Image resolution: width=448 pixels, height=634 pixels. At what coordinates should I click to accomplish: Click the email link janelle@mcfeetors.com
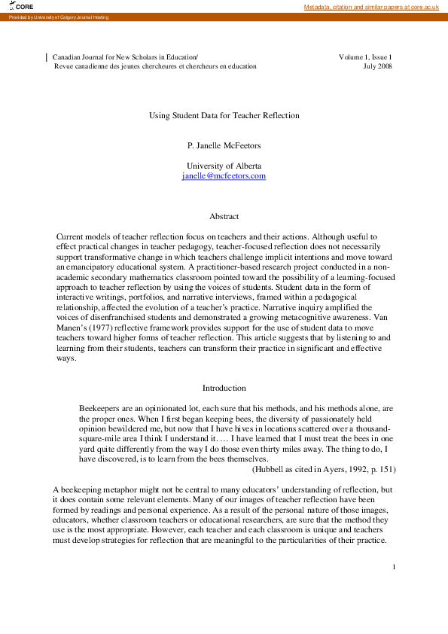coord(224,175)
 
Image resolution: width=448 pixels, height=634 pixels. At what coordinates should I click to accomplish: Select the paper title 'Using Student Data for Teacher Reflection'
coord(224,115)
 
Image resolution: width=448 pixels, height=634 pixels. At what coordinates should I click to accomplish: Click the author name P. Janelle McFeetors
coord(224,144)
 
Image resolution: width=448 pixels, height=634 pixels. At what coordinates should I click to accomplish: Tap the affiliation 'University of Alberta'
coord(224,166)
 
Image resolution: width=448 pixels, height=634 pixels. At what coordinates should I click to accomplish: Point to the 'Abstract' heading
coord(224,216)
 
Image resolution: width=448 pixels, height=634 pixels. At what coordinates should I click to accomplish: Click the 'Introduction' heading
coord(224,388)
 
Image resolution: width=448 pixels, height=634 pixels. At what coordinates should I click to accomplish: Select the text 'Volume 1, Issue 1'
coord(365,56)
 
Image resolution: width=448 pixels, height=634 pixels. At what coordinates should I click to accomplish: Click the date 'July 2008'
coord(377,66)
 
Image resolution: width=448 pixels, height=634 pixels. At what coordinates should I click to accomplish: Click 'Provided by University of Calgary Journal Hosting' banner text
coord(59,17)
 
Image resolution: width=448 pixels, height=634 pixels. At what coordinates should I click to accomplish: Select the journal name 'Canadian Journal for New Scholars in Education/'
coord(125,56)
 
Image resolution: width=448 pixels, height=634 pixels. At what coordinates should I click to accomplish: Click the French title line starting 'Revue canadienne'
coord(155,66)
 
